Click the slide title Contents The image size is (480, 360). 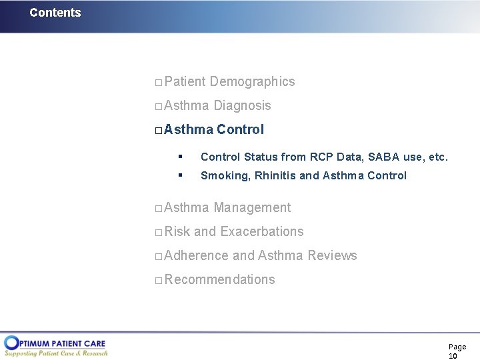(55, 13)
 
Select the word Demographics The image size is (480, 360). (252, 81)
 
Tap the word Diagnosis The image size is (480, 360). (242, 105)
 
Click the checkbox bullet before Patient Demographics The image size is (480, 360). (158, 83)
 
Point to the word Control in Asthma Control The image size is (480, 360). (240, 129)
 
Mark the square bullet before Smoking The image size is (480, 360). (179, 175)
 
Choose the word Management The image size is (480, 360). (252, 207)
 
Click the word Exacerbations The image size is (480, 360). (261, 231)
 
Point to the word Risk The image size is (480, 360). (177, 231)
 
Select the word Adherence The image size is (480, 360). (196, 255)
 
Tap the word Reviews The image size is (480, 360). (332, 255)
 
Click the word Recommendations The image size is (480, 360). (219, 279)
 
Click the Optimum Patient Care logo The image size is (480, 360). (56, 345)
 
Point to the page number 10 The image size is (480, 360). (453, 356)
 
